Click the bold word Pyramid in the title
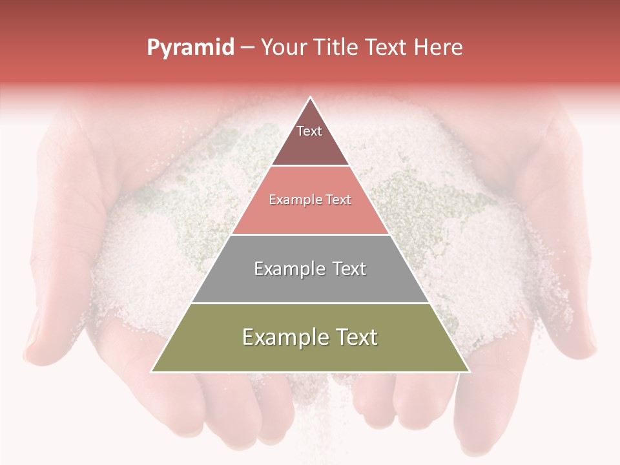click(190, 48)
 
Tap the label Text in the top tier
click(309, 131)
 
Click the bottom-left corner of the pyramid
click(152, 371)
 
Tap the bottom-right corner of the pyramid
click(470, 371)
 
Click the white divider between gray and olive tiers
click(310, 303)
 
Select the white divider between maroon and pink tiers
click(310, 166)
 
